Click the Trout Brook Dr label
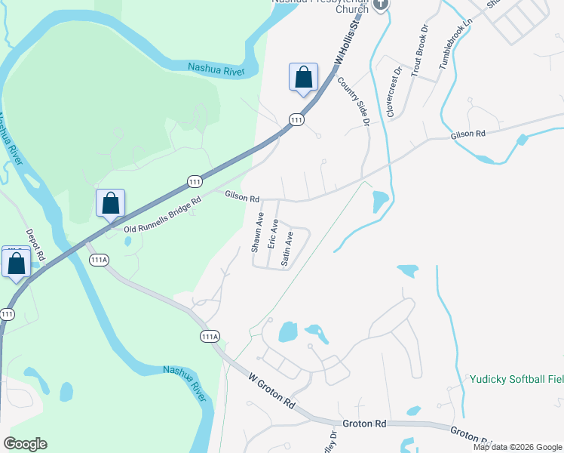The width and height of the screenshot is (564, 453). click(x=424, y=52)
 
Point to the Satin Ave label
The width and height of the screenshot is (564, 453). click(x=287, y=248)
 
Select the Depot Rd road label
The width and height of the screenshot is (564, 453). click(x=37, y=246)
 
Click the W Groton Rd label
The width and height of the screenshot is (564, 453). click(x=271, y=390)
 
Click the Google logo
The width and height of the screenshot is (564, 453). click(x=25, y=444)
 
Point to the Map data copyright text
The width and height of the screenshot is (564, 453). click(x=516, y=447)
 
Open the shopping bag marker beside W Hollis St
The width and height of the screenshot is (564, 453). click(x=303, y=78)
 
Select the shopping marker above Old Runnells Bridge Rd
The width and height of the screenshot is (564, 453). click(x=110, y=204)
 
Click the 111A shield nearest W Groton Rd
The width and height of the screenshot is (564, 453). click(x=210, y=336)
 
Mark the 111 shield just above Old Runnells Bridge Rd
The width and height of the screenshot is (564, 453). click(x=195, y=182)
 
